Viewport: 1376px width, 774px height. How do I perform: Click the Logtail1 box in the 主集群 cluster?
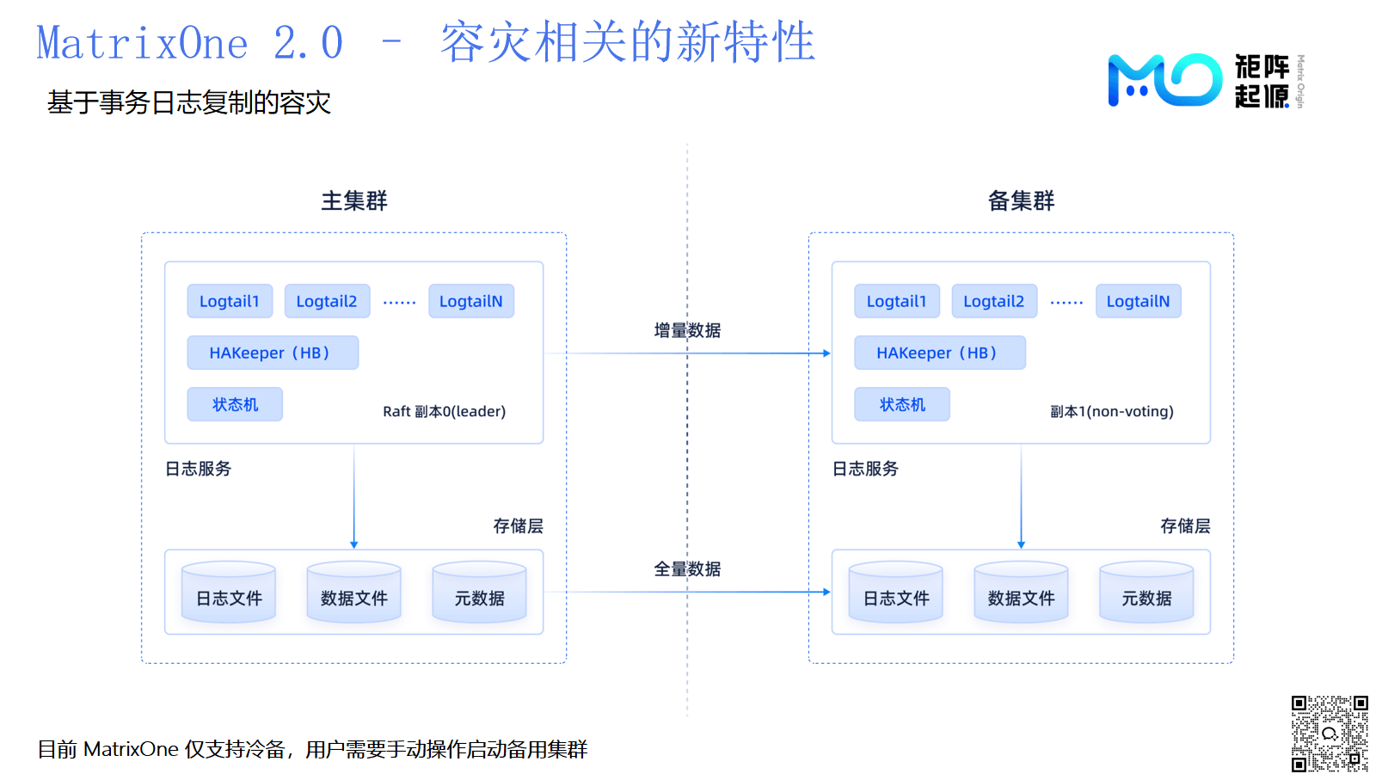[230, 301]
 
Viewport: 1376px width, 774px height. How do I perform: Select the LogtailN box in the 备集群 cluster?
[1139, 301]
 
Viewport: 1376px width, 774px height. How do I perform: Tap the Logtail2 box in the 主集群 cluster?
[327, 301]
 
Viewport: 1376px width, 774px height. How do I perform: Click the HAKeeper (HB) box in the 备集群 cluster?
[940, 353]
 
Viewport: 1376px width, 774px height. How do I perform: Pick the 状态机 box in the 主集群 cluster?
[235, 404]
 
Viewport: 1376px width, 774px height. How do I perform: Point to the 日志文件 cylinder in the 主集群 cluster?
[229, 593]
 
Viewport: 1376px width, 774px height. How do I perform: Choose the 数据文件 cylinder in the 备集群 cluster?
[1021, 593]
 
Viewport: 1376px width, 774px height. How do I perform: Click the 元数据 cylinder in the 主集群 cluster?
[479, 593]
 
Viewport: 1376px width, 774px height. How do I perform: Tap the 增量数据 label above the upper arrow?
[687, 330]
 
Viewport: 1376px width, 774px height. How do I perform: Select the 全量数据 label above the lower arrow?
[687, 569]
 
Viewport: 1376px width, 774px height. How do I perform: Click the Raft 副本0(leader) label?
[444, 412]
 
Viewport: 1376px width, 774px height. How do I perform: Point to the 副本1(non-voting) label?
[1112, 412]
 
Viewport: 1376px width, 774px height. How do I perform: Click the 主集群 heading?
[353, 201]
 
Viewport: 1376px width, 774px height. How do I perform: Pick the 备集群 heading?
[1021, 201]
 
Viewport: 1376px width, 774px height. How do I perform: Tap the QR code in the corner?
[1330, 734]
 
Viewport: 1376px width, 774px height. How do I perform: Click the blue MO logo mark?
[1164, 80]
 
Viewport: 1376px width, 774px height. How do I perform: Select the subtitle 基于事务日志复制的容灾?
[189, 102]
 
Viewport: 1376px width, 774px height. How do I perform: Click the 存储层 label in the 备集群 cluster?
[1185, 525]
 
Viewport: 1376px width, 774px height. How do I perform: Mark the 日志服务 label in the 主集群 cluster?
[198, 469]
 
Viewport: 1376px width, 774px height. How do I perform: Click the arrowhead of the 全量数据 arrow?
[826, 593]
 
